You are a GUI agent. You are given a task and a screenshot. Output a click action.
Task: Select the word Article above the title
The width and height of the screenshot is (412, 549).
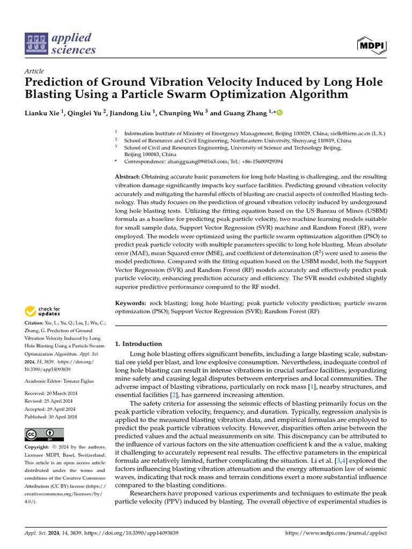tap(34, 71)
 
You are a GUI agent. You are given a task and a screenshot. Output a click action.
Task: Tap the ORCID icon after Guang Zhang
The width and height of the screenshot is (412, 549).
tap(279, 113)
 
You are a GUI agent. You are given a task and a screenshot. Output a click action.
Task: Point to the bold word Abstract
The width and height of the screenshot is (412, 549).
tap(128, 176)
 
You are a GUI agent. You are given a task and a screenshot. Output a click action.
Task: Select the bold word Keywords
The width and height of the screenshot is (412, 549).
tap(131, 303)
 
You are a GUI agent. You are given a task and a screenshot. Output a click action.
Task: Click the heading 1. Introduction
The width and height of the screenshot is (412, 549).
tap(138, 344)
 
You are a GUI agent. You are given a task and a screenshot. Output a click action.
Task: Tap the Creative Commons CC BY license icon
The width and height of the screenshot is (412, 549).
tap(44, 434)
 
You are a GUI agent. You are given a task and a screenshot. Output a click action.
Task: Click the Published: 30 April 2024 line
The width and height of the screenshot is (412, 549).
tap(51, 416)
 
